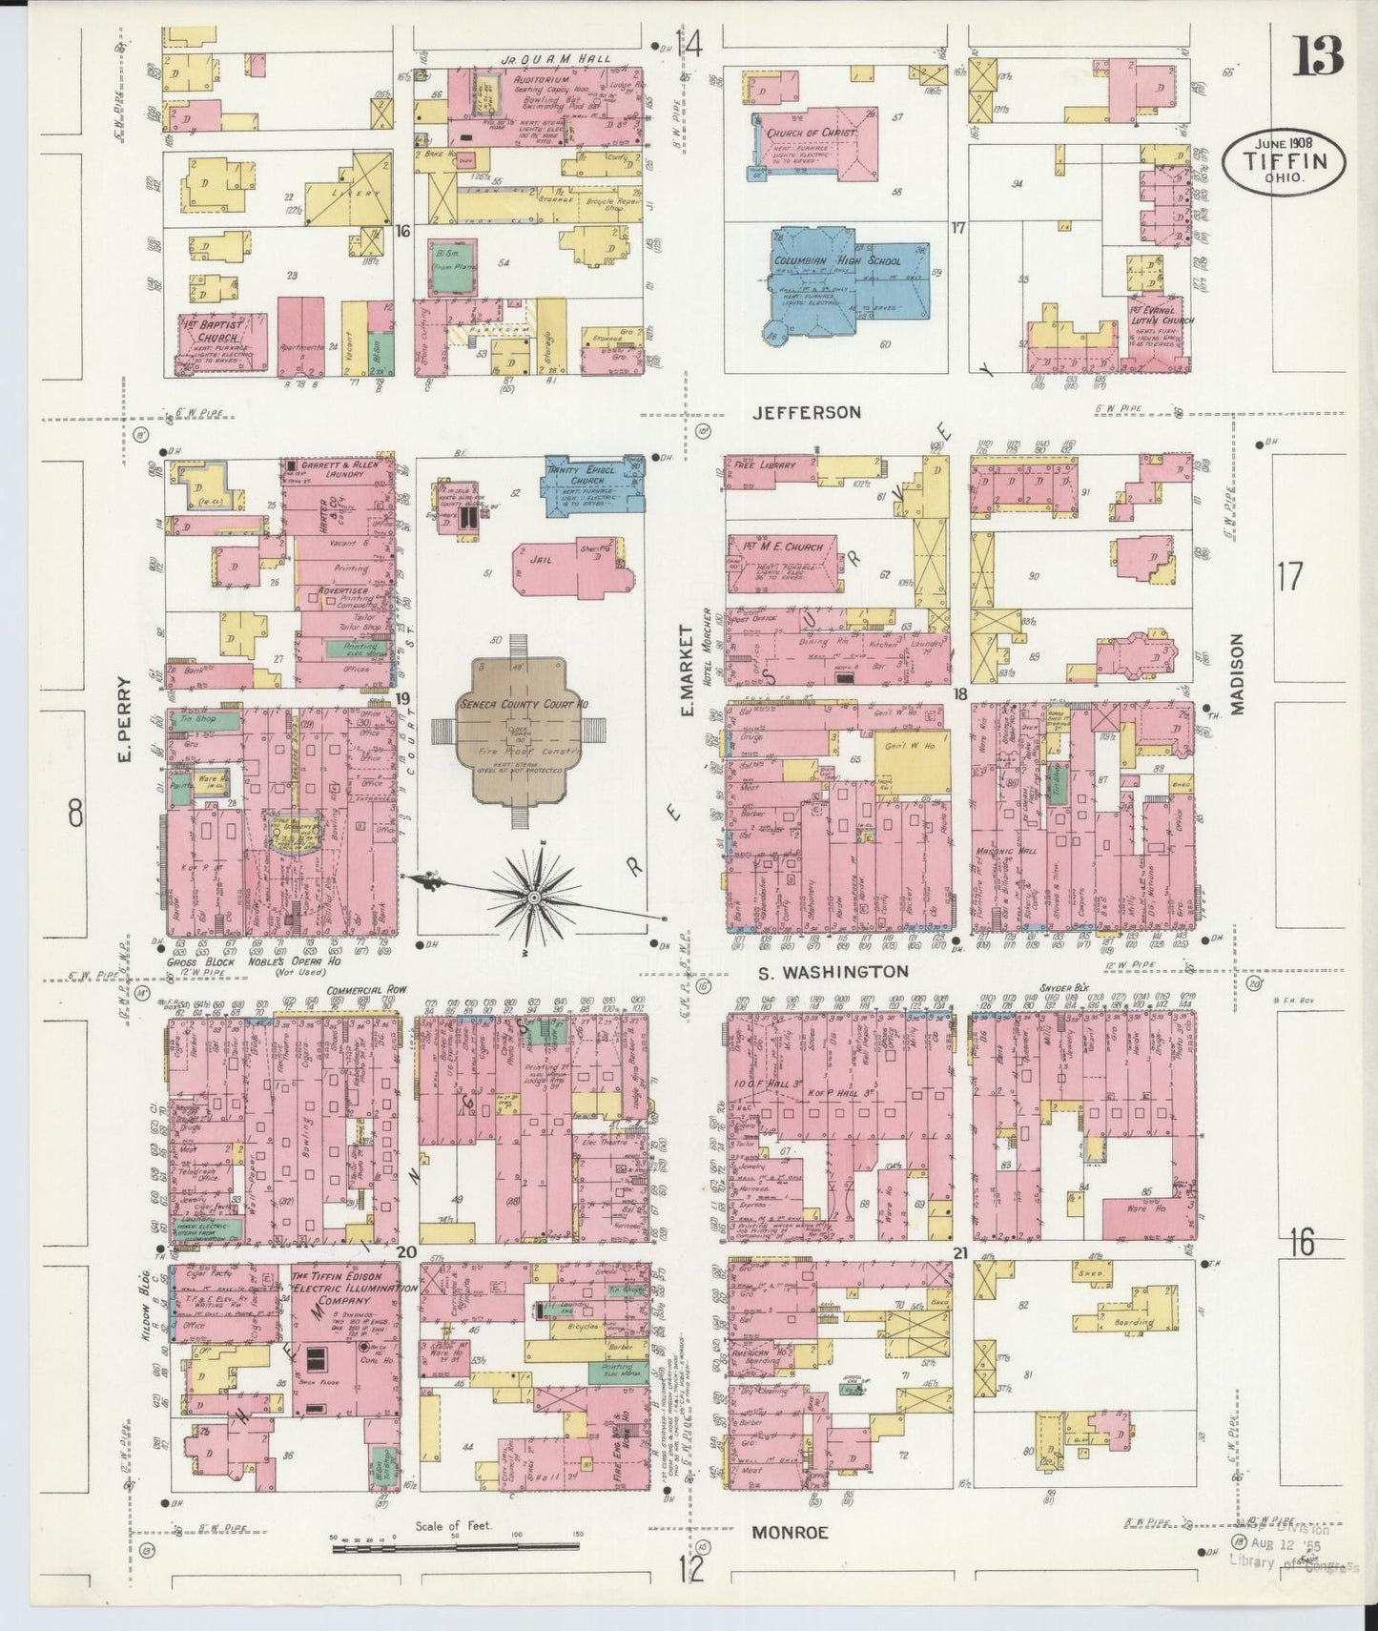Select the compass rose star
point(535,897)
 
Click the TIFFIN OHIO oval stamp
point(1285,161)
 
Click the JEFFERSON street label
point(806,413)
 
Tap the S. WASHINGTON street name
point(833,972)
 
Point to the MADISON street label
point(1238,674)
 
